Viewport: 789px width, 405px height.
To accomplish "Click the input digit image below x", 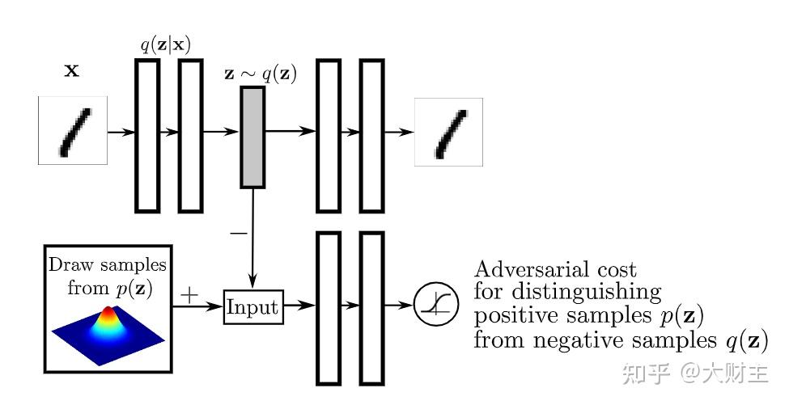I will point(73,130).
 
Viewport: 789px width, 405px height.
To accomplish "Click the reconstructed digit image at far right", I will point(448,132).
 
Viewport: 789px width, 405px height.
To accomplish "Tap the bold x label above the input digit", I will point(72,71).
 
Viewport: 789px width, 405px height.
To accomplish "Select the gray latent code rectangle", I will point(252,136).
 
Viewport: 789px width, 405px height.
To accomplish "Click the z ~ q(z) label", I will point(260,75).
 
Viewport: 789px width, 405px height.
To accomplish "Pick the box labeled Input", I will point(252,307).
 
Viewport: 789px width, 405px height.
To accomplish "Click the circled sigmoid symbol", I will point(435,306).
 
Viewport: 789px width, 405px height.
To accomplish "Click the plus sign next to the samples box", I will point(189,295).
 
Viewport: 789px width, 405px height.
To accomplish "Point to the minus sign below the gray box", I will point(238,233).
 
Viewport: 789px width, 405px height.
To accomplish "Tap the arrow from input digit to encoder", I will point(121,130).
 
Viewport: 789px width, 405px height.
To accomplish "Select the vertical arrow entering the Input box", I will point(254,243).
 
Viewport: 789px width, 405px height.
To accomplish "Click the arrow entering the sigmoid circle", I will point(399,306).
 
